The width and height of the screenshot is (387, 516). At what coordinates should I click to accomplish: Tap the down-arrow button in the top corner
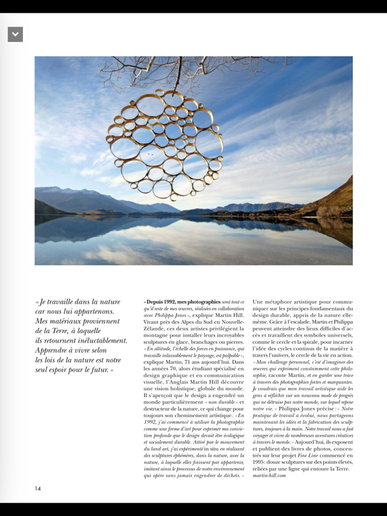coord(15,34)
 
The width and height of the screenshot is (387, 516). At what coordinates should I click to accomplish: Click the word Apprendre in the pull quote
coord(55,351)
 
